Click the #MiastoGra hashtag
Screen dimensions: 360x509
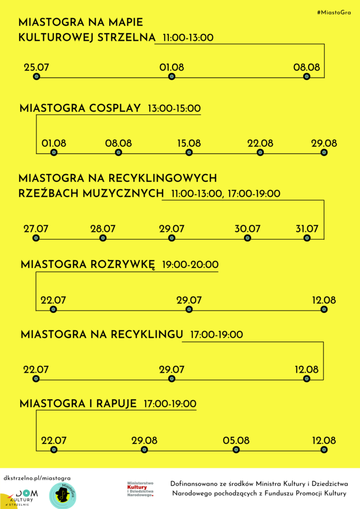click(x=334, y=12)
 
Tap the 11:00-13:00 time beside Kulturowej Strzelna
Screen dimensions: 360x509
click(x=188, y=38)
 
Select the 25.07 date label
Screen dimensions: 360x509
click(x=36, y=68)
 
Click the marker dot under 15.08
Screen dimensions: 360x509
click(x=189, y=153)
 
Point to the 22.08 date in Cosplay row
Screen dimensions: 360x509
click(x=260, y=144)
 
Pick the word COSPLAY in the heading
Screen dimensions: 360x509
click(x=115, y=108)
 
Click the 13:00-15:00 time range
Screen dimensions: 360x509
click(x=175, y=108)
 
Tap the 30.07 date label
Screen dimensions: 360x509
click(x=247, y=229)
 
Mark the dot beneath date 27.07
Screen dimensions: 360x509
click(x=36, y=238)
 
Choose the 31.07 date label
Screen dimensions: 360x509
click(x=307, y=229)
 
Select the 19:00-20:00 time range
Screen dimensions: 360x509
click(x=190, y=264)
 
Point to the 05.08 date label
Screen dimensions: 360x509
click(x=236, y=441)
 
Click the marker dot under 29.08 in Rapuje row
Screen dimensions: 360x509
click(x=144, y=450)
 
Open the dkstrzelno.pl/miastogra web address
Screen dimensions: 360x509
click(x=37, y=478)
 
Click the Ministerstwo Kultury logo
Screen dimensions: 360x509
click(x=140, y=489)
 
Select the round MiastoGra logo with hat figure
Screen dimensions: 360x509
click(x=63, y=495)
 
